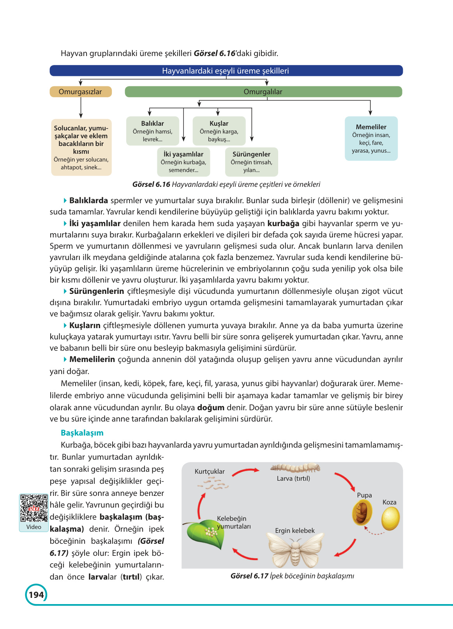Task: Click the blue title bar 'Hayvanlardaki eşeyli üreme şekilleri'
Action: [x=226, y=71]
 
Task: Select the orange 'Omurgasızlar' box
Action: [x=81, y=92]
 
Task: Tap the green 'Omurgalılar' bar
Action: [x=263, y=92]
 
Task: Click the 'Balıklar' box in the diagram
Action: [x=153, y=131]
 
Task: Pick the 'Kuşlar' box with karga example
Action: [x=219, y=131]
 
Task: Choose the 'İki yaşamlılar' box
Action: [x=183, y=162]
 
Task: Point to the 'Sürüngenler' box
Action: [x=251, y=162]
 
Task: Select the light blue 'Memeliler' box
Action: [x=371, y=139]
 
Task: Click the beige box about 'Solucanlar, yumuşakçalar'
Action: [x=81, y=148]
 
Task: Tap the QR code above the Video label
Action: [x=34, y=508]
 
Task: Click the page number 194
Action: [x=36, y=595]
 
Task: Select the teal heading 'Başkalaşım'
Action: [x=82, y=433]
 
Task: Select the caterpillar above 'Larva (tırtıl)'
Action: [x=295, y=467]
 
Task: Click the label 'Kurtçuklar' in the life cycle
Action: [x=210, y=471]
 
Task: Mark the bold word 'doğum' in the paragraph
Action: [x=211, y=408]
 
